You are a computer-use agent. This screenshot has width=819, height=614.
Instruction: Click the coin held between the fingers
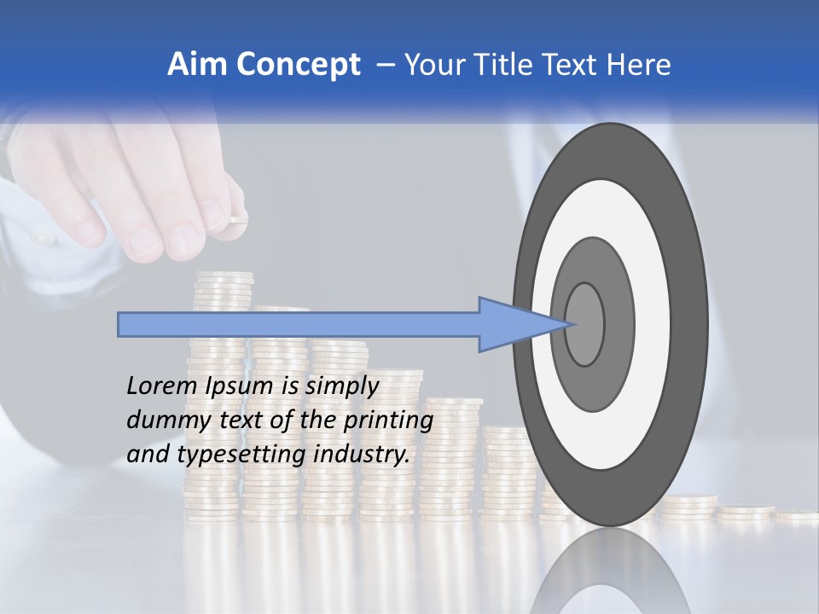point(236,220)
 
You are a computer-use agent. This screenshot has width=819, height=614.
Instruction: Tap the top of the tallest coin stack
point(223,276)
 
